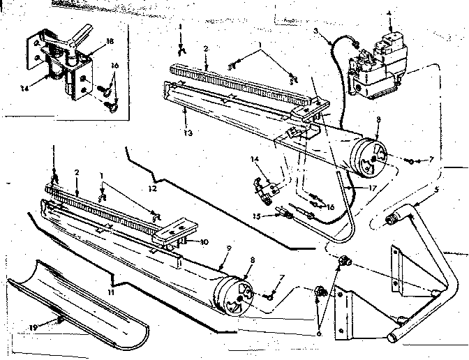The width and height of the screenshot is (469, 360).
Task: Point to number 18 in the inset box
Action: [110, 42]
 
